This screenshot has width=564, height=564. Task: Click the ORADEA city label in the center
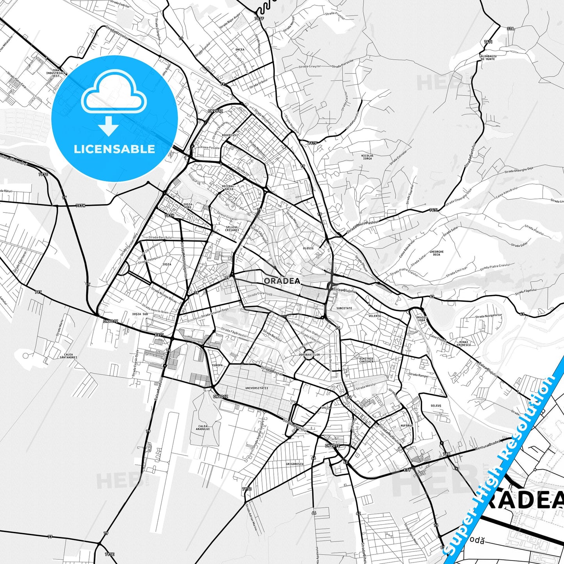click(282, 281)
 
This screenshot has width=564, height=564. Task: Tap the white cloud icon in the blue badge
click(114, 94)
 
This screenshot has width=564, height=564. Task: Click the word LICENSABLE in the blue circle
click(114, 149)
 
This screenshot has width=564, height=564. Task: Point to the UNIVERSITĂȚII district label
click(256, 388)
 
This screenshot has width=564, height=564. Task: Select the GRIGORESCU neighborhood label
click(294, 464)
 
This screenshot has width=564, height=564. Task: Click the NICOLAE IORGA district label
click(367, 157)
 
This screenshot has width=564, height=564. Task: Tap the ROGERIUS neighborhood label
click(229, 135)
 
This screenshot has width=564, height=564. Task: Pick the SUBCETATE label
click(344, 308)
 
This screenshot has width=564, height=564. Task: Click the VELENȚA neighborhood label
click(374, 316)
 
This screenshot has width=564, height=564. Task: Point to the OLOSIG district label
click(308, 248)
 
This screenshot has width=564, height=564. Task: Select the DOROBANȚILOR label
click(309, 355)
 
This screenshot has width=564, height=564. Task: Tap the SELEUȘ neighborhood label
click(436, 406)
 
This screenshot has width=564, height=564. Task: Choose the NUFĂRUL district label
click(406, 425)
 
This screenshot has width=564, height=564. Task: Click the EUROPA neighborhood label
click(217, 365)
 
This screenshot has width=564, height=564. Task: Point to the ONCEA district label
click(240, 50)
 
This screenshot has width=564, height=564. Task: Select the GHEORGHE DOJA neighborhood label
click(436, 253)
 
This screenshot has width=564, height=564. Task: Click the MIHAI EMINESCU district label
click(464, 343)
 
